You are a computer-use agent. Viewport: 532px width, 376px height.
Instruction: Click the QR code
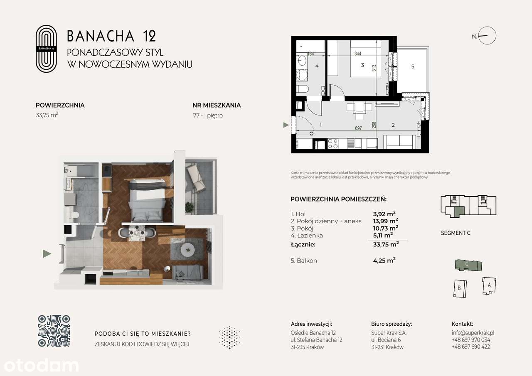click(54, 331)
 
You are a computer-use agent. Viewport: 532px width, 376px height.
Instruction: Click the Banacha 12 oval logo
click(46, 49)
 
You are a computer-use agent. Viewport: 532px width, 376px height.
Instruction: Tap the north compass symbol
click(487, 36)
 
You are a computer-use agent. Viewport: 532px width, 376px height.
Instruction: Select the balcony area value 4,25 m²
click(384, 261)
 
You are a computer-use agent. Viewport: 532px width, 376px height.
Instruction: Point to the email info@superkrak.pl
click(473, 333)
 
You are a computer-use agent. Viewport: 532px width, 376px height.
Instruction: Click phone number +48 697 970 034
click(470, 340)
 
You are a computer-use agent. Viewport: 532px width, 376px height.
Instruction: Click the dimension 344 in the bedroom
click(357, 54)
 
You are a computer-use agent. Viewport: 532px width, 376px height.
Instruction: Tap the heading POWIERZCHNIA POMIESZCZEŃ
click(338, 199)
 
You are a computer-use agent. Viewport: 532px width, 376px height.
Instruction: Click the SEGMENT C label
click(456, 233)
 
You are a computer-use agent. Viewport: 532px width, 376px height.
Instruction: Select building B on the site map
click(459, 288)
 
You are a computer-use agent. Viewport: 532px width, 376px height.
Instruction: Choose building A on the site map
click(489, 285)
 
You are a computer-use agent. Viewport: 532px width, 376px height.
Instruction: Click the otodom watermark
click(39, 365)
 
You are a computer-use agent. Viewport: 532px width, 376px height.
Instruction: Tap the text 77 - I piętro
click(208, 116)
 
